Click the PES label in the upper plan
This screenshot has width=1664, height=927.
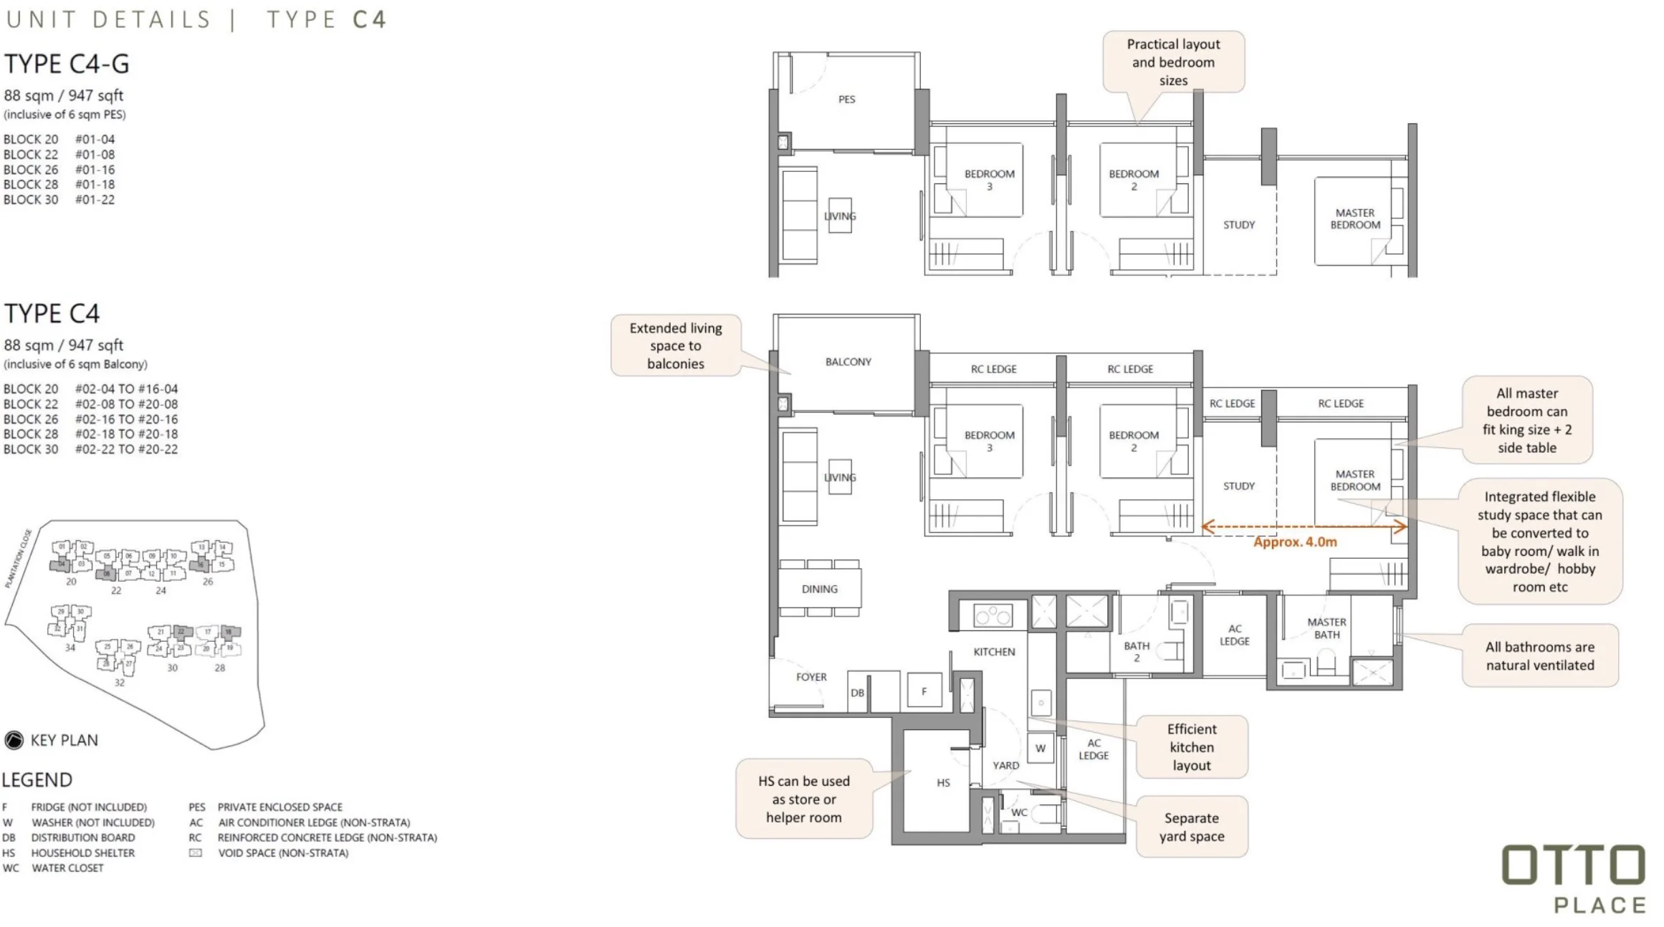pos(846,100)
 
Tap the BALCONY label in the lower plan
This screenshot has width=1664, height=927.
pos(848,362)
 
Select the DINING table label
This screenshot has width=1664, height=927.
pos(819,589)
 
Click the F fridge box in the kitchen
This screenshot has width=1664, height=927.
pos(924,691)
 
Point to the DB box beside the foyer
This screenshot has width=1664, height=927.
pos(857,693)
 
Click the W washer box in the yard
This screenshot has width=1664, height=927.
pos(1040,749)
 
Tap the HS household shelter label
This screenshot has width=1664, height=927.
pos(943,783)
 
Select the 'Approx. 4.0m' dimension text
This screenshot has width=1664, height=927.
pos(1294,542)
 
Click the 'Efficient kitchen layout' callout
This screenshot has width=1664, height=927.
pos(1191,747)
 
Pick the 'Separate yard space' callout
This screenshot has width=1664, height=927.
pos(1191,827)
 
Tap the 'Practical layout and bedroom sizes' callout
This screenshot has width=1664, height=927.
pos(1173,62)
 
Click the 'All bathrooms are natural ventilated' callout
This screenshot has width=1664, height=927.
pos(1539,655)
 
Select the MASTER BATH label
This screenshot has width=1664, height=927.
pos(1326,628)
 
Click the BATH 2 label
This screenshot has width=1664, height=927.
pos(1137,651)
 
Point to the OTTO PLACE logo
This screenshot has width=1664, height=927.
pos(1573,879)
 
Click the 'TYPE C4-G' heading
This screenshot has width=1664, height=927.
pos(67,64)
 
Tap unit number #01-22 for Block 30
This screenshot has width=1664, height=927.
pos(95,200)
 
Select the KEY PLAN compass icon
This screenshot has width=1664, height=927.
pos(14,740)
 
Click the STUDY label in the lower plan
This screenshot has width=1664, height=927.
pos(1238,486)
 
